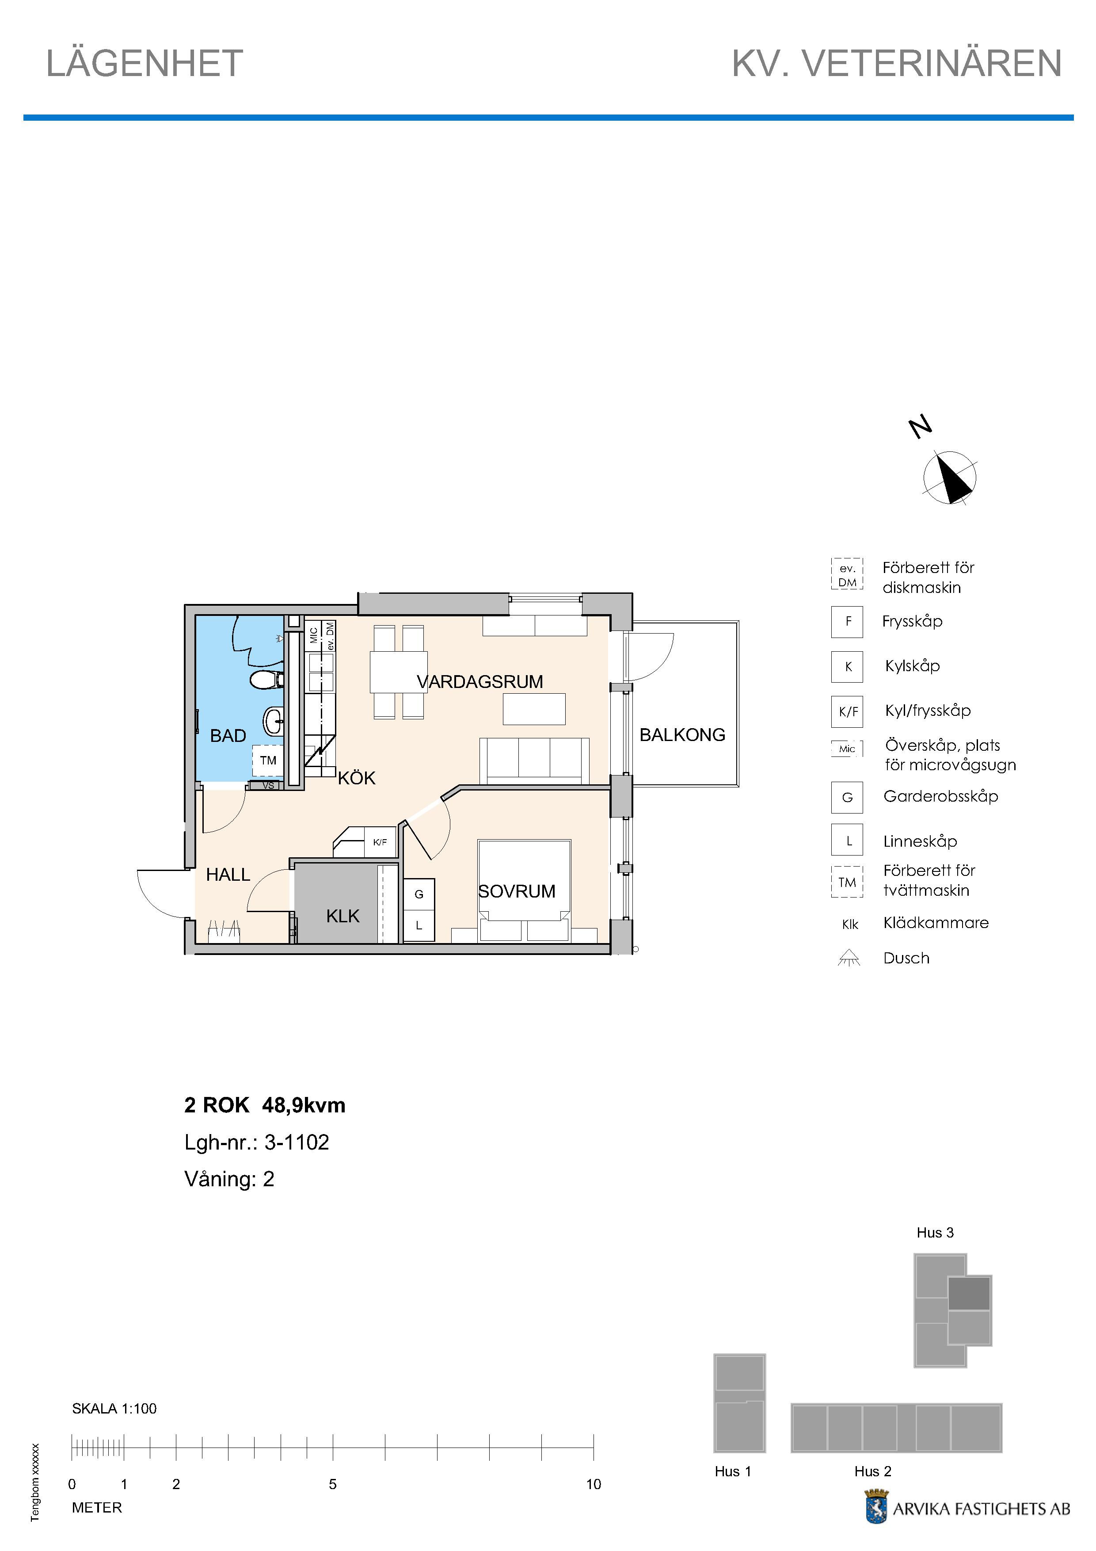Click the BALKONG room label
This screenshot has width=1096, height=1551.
(x=682, y=735)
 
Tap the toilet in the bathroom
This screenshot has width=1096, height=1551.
(x=267, y=679)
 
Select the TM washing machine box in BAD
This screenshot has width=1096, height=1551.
(x=268, y=760)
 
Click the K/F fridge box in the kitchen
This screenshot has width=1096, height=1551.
(x=380, y=842)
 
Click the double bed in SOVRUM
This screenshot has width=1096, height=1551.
(x=524, y=890)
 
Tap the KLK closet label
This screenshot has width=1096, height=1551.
(x=342, y=917)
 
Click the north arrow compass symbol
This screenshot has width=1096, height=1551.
(x=949, y=478)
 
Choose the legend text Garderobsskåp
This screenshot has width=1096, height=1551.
(x=941, y=796)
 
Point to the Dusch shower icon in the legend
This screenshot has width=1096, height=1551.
(x=849, y=958)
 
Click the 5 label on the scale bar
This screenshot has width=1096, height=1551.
(x=333, y=1485)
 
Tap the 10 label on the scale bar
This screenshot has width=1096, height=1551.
(x=593, y=1485)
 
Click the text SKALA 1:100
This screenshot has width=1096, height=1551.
(x=114, y=1409)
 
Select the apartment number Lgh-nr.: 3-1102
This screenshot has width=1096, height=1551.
(x=257, y=1142)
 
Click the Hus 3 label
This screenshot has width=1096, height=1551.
(x=935, y=1233)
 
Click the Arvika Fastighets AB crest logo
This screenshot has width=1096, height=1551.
(x=876, y=1509)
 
